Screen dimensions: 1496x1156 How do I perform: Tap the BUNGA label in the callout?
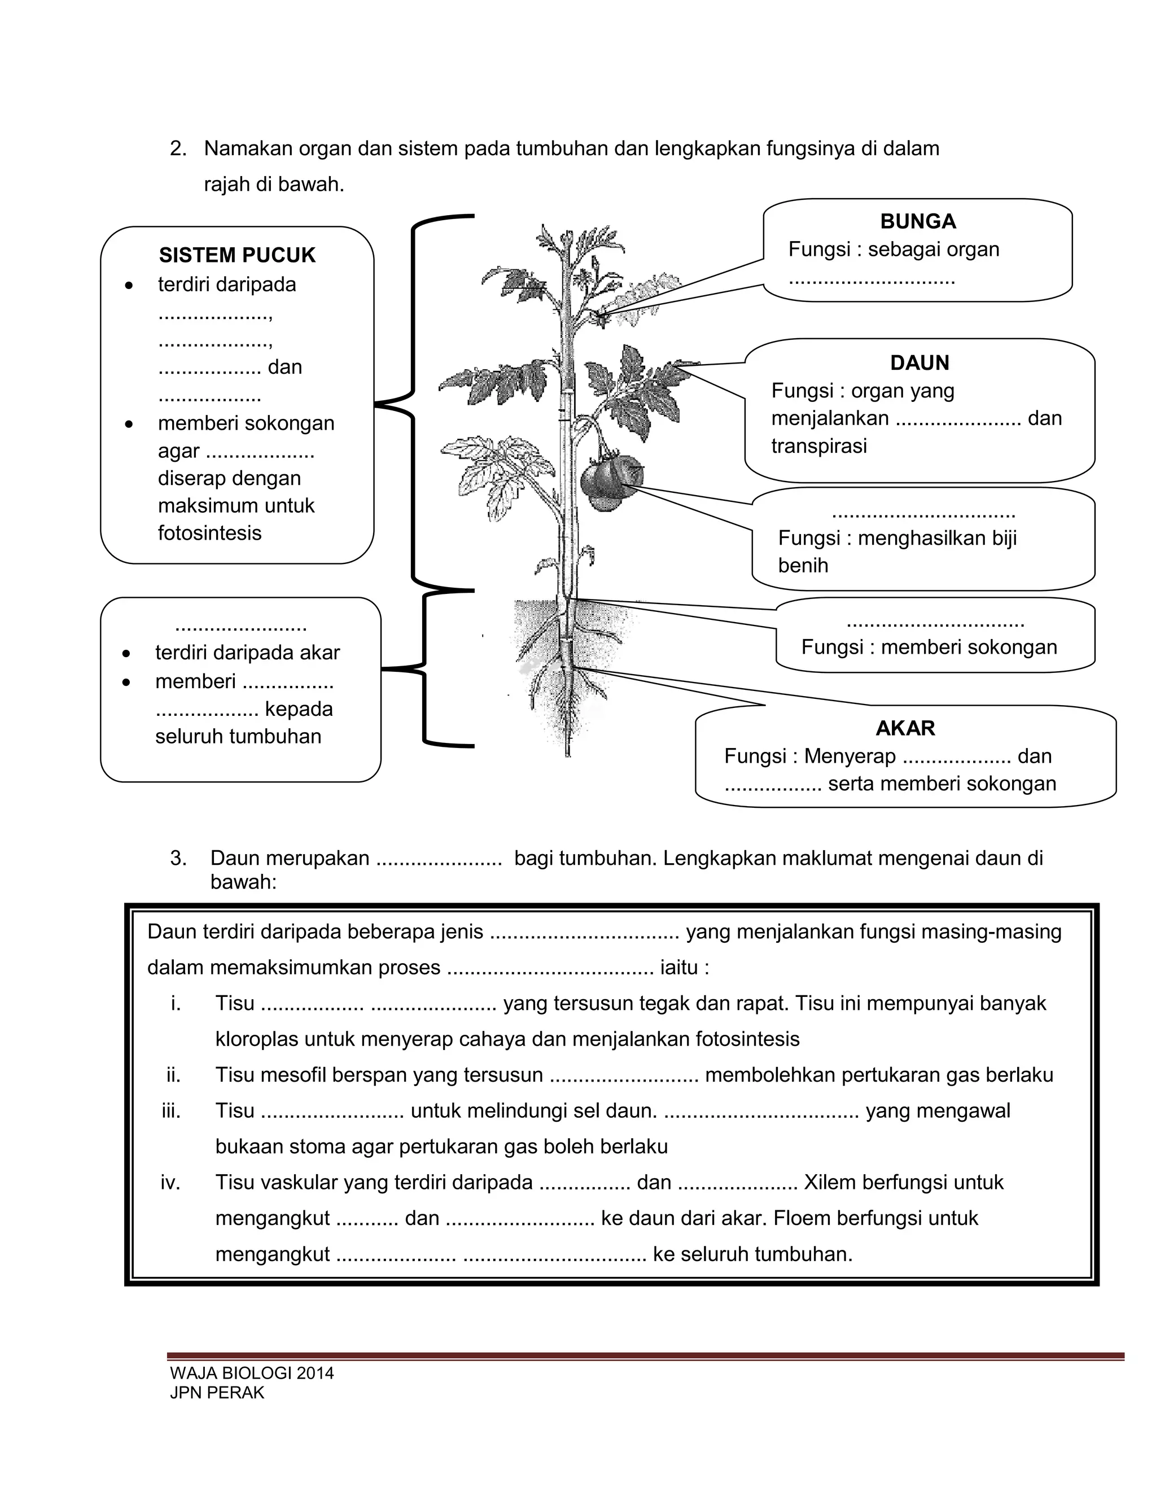[918, 221]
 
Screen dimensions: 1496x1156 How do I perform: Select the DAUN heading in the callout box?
[919, 362]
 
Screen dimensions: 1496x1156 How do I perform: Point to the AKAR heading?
[905, 728]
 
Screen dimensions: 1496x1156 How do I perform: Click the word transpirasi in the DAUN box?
[818, 446]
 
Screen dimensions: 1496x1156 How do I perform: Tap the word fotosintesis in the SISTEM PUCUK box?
[209, 533]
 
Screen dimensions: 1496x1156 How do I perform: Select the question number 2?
[178, 148]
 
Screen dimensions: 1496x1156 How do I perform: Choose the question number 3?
[178, 858]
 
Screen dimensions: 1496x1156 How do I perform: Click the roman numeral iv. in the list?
[170, 1182]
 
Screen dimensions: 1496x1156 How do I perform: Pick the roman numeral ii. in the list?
[173, 1075]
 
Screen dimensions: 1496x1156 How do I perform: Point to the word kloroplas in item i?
[257, 1039]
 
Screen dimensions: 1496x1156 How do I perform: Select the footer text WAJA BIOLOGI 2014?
[252, 1373]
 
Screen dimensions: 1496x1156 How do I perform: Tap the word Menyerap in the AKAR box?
[849, 756]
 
